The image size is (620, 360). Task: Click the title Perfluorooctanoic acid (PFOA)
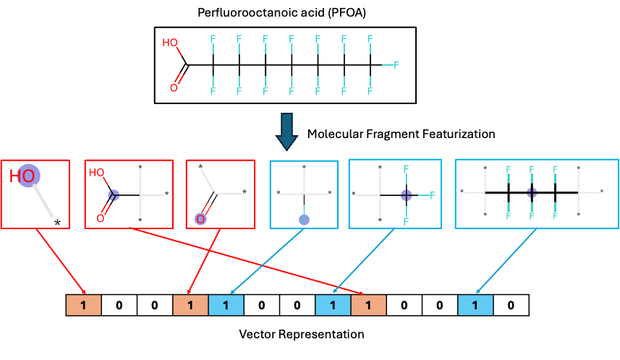[281, 12]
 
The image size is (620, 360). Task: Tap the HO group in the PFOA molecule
[170, 43]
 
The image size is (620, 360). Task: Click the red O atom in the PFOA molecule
[174, 88]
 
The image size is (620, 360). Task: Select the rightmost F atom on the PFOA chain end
[396, 65]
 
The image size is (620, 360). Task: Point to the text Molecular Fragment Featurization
[401, 134]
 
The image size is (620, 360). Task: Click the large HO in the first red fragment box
[22, 176]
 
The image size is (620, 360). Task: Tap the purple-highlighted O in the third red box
[200, 219]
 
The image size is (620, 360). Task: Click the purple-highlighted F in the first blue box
[304, 220]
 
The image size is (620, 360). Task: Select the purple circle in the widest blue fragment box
[532, 193]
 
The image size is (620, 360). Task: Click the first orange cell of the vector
[83, 305]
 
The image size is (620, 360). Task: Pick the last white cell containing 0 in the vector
[511, 305]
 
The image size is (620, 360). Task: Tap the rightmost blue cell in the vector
[475, 305]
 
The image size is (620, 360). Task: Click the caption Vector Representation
[301, 334]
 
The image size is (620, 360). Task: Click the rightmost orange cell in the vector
[368, 305]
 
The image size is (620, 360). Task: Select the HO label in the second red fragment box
[96, 173]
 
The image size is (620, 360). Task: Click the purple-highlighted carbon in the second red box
[114, 194]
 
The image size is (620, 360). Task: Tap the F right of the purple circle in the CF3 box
[432, 194]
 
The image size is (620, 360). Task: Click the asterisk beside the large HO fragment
[57, 223]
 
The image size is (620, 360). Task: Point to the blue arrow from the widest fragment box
[506, 261]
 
